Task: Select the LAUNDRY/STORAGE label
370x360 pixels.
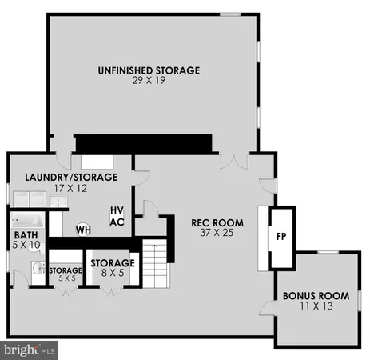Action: point(71,177)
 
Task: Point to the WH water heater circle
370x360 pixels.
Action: point(83,230)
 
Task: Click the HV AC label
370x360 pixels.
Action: point(117,216)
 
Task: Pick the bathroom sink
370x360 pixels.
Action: point(36,267)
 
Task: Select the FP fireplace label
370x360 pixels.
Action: point(280,237)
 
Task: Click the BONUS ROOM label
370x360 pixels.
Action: point(316,295)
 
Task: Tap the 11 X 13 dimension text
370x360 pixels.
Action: point(316,306)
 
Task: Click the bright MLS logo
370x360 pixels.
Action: point(30,350)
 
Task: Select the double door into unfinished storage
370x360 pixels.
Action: point(233,162)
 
